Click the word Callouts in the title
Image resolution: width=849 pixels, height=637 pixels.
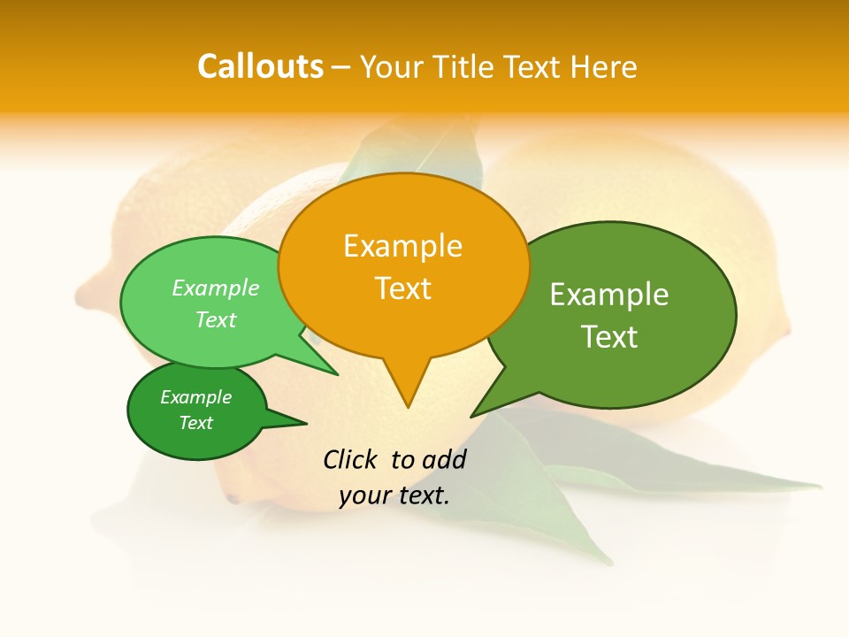coord(260,66)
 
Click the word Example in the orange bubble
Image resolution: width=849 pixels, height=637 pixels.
coord(403,246)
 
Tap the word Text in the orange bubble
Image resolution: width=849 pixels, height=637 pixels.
coord(403,288)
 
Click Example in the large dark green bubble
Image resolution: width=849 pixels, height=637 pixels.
coord(609,295)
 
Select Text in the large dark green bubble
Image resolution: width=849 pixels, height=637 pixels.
coord(609,337)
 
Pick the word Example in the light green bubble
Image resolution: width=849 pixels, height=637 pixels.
coord(216,288)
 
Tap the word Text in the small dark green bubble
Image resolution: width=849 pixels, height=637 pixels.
coord(196,423)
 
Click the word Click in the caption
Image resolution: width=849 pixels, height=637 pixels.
coord(351,459)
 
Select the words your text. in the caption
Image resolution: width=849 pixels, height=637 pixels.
coord(394,495)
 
